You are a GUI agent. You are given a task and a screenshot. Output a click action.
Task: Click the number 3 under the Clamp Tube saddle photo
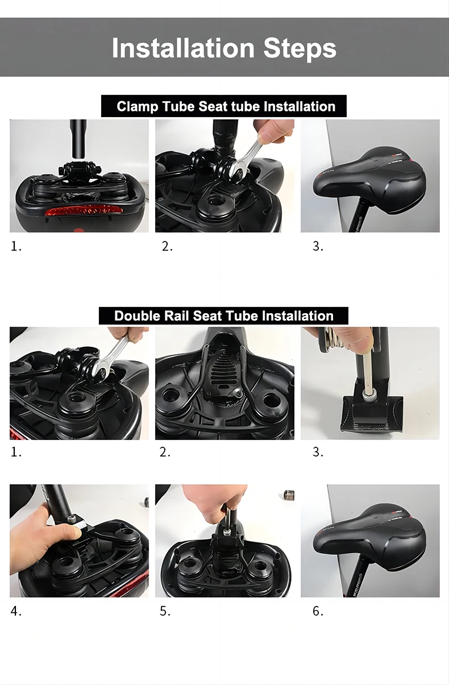click(x=318, y=247)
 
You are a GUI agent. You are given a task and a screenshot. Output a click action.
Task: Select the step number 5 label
click(x=164, y=612)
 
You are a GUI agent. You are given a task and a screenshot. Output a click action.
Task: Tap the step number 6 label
click(x=317, y=612)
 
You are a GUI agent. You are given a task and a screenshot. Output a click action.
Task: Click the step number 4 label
click(x=16, y=612)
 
